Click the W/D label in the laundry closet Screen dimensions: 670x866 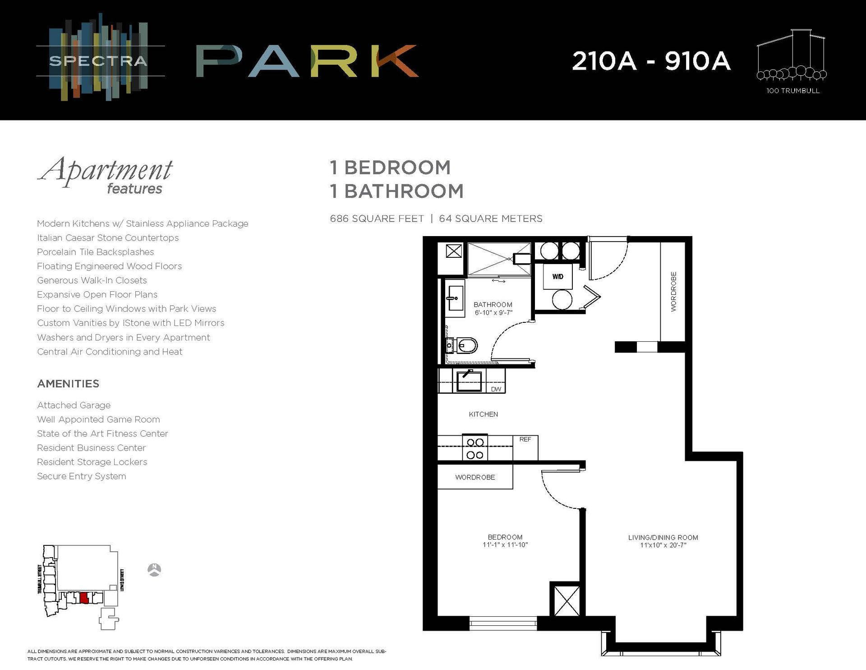(557, 276)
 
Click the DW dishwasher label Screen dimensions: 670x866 (496, 389)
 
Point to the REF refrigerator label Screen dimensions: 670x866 (525, 439)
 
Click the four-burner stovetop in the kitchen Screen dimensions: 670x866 (475, 448)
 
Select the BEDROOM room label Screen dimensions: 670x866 (505, 537)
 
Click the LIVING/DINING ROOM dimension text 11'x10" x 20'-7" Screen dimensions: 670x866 (663, 545)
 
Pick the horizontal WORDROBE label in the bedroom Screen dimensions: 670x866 (475, 477)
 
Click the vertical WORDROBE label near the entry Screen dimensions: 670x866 (673, 292)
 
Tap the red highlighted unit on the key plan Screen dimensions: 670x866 (83, 598)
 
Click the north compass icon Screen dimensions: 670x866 (154, 570)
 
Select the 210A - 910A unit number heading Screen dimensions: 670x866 (651, 61)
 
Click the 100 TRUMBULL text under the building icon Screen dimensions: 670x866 (792, 91)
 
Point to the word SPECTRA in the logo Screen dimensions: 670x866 (98, 60)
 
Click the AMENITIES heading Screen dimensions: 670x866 (68, 384)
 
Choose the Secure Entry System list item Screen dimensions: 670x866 (82, 476)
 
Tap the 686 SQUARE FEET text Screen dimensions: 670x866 (377, 219)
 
